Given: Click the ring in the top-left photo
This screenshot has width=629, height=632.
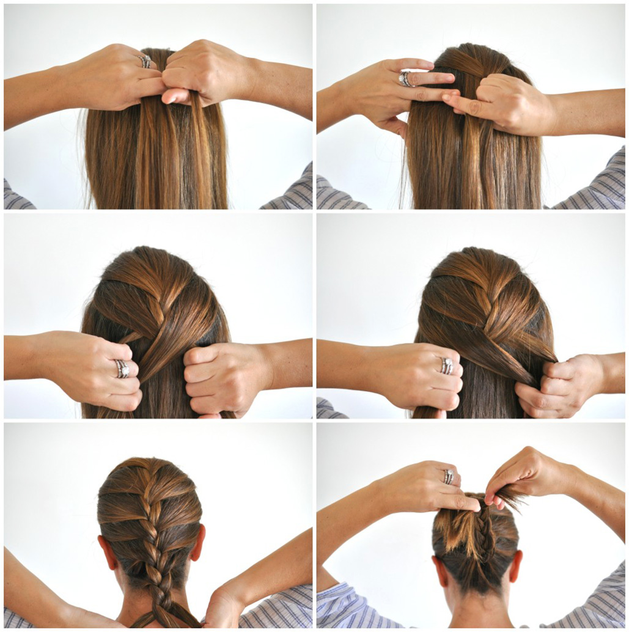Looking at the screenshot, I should (x=145, y=61).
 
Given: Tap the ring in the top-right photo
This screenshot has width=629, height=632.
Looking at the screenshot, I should (x=405, y=78).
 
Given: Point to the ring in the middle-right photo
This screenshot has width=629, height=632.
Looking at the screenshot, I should (x=447, y=366).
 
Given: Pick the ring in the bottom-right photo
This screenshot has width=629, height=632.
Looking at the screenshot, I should (x=449, y=476).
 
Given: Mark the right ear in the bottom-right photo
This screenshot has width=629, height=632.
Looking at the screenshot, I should (x=517, y=566).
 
